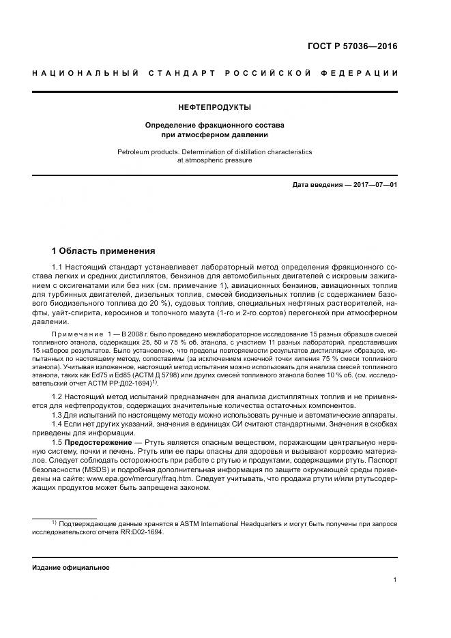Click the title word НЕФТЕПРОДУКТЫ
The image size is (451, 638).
(x=214, y=107)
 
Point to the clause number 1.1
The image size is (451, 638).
(x=57, y=266)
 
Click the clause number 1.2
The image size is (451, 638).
(x=57, y=396)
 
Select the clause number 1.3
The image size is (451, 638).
(x=57, y=416)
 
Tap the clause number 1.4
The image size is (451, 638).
(x=57, y=424)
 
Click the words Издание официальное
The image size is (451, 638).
(x=70, y=567)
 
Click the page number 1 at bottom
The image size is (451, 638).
(x=395, y=580)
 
